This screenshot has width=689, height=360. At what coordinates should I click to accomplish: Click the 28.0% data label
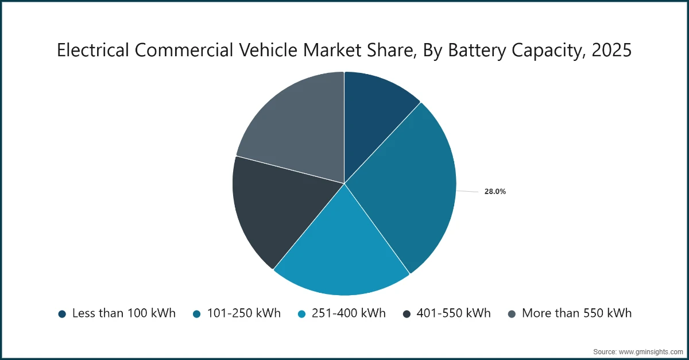[495, 192]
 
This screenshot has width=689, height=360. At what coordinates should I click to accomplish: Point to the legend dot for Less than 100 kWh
[62, 313]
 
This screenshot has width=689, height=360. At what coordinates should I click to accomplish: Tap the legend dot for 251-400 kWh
[301, 313]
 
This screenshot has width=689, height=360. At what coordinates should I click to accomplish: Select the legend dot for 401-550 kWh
[407, 313]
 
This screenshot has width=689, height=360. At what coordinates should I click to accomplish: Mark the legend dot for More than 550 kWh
[512, 313]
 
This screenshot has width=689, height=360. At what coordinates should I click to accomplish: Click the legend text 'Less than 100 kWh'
[123, 313]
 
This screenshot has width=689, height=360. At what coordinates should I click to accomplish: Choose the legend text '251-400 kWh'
[349, 313]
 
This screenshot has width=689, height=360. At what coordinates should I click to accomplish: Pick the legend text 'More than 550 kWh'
[576, 313]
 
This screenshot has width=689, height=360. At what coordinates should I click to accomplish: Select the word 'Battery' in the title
[476, 51]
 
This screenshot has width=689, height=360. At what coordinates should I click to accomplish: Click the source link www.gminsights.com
[650, 351]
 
